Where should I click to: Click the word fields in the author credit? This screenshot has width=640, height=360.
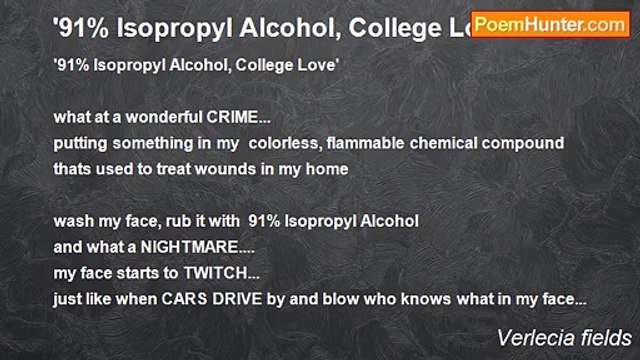608,337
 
